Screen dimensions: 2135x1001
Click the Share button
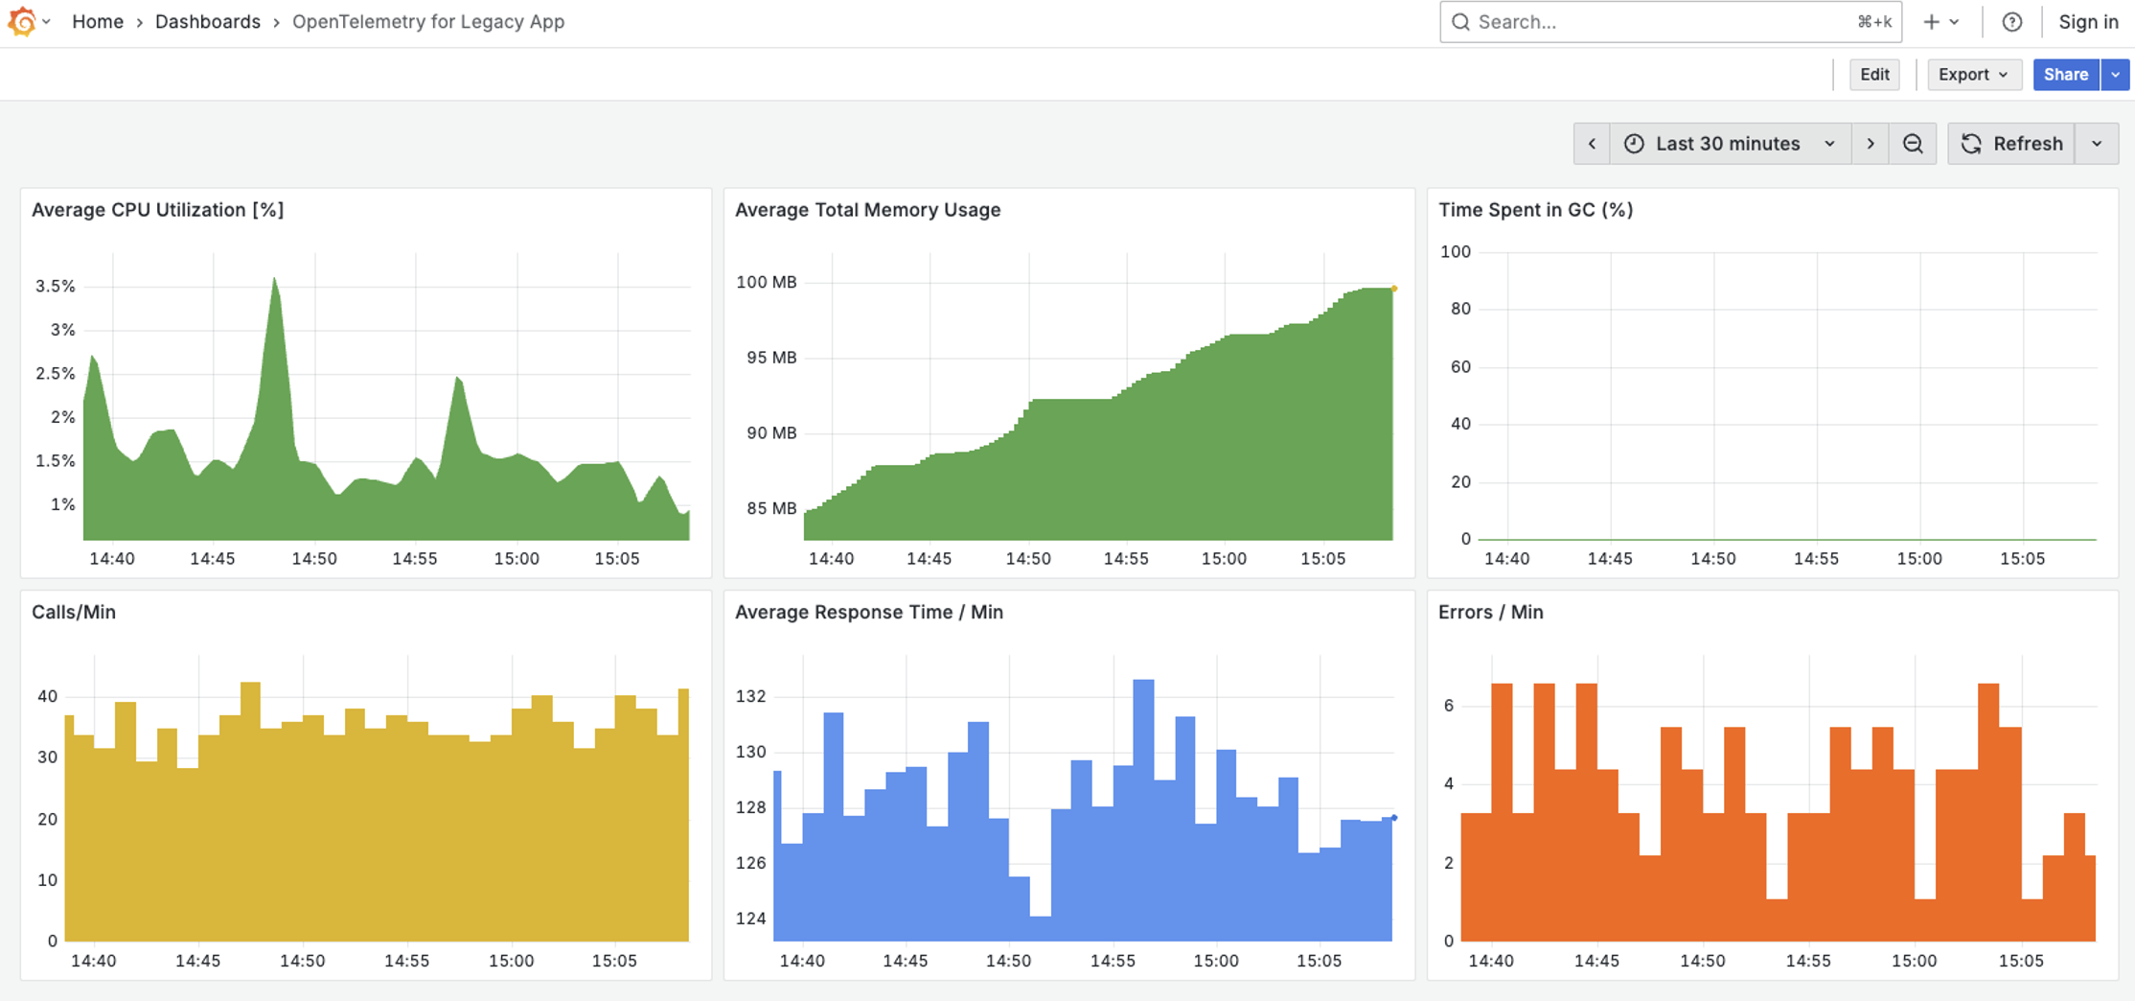point(2065,75)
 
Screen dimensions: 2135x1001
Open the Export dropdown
point(1972,75)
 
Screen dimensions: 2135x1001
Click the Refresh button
point(2011,144)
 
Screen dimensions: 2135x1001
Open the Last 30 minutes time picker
point(1730,144)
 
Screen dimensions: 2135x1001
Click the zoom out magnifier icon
point(1913,144)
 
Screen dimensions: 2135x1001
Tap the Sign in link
point(2088,22)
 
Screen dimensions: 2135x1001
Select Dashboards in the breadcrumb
point(207,22)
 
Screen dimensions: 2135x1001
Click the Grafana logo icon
point(22,21)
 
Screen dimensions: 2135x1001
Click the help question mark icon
point(2012,22)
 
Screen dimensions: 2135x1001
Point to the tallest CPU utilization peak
point(275,281)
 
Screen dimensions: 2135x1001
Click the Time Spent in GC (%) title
point(1535,210)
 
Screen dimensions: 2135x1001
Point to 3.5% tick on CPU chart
point(55,286)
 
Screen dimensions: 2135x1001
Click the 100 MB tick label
point(766,282)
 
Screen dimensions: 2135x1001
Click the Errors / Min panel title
point(1490,613)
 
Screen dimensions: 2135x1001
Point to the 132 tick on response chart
point(750,696)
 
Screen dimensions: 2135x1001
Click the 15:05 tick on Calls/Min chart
point(613,961)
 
